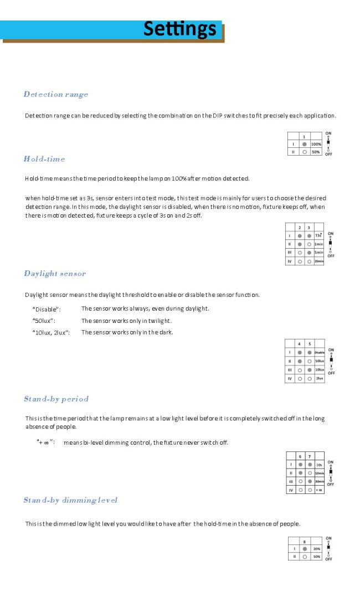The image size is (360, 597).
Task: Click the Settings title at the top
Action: pyautogui.click(x=179, y=28)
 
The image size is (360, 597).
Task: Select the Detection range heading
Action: pyautogui.click(x=56, y=94)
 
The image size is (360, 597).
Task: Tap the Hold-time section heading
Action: pyautogui.click(x=44, y=159)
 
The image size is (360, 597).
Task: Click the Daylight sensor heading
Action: pyautogui.click(x=55, y=274)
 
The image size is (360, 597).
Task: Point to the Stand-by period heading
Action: pyautogui.click(x=56, y=399)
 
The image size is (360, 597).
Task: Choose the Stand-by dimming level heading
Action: pyautogui.click(x=70, y=500)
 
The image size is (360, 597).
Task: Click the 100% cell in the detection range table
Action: pyautogui.click(x=316, y=143)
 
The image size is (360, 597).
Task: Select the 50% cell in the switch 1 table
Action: pyautogui.click(x=316, y=151)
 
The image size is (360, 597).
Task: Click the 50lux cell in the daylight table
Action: pyautogui.click(x=319, y=361)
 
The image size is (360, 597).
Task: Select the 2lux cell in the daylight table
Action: pyautogui.click(x=319, y=378)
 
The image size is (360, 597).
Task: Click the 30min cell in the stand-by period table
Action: pyautogui.click(x=319, y=482)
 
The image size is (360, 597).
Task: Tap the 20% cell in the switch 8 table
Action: pyautogui.click(x=316, y=549)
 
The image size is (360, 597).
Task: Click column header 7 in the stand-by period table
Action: pyautogui.click(x=310, y=456)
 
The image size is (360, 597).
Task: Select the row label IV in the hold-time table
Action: pyautogui.click(x=289, y=260)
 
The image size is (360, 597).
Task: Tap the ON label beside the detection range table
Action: pyautogui.click(x=328, y=132)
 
